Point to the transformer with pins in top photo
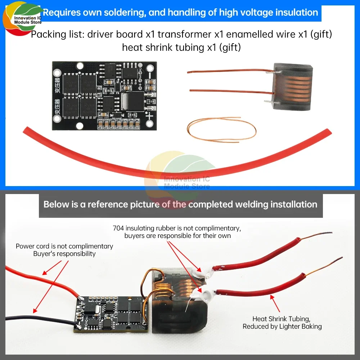(292, 86)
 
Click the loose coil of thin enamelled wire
(222, 128)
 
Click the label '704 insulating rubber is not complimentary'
(177, 228)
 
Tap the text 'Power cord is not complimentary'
(64, 246)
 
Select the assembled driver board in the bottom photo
(112, 312)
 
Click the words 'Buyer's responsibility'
(64, 254)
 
